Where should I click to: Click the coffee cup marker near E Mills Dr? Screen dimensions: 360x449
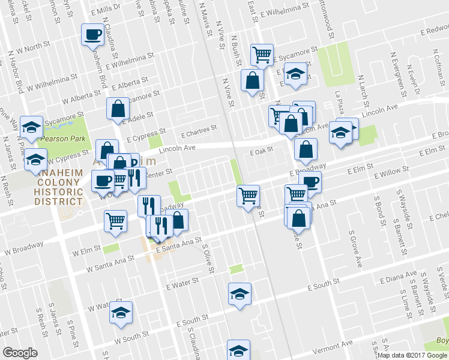[93, 34]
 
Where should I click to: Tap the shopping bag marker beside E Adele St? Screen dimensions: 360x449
[118, 109]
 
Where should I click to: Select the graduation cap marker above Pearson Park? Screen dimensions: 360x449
[31, 127]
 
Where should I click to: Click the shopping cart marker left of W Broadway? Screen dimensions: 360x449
[115, 220]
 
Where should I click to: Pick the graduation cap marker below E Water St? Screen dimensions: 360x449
[240, 294]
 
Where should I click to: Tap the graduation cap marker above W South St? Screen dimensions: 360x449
[121, 313]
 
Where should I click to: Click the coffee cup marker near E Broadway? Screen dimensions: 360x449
[310, 182]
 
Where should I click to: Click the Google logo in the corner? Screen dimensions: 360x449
[19, 352]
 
